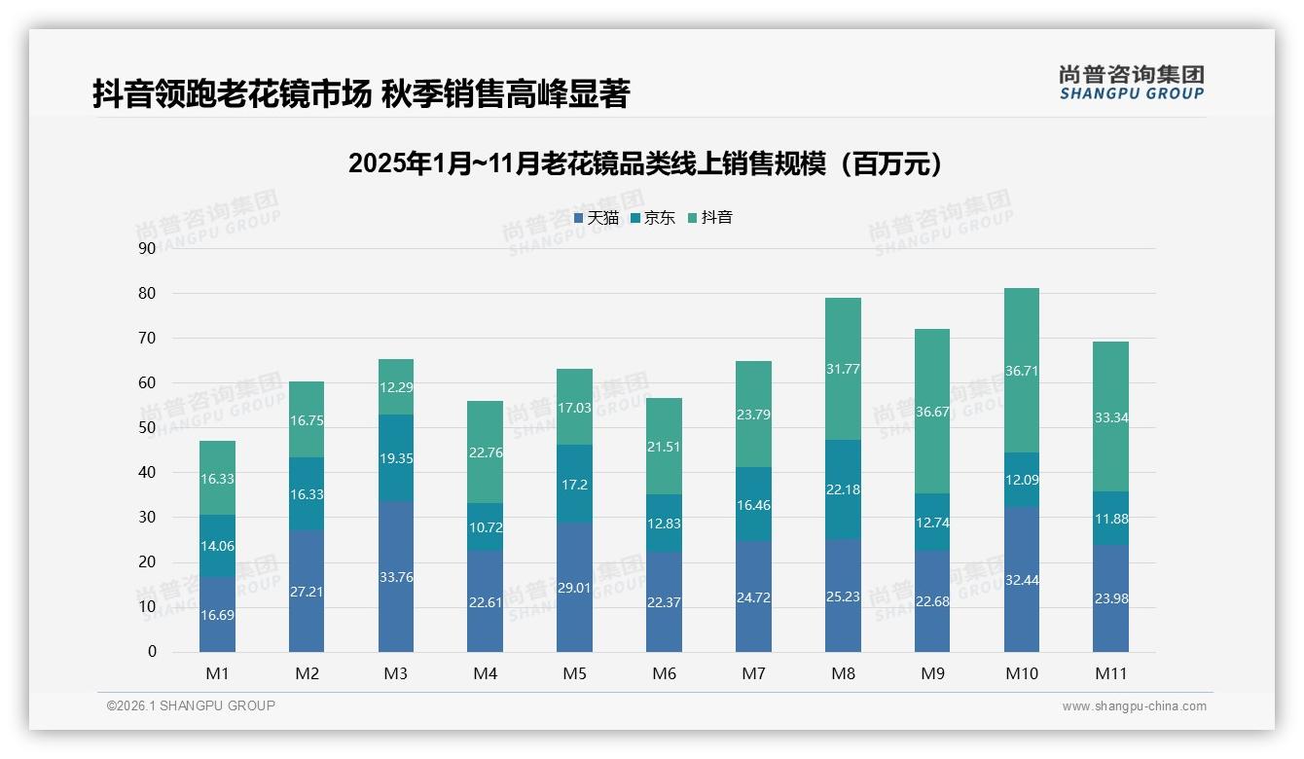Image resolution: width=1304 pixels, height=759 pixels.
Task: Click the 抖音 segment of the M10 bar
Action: pos(1021,370)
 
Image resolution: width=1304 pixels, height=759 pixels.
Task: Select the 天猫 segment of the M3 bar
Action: pos(395,576)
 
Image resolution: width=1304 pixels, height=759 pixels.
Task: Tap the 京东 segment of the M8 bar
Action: pos(843,488)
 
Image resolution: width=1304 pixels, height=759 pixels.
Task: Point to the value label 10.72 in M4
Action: pos(485,526)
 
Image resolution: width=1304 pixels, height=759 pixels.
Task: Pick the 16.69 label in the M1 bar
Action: pos(217,615)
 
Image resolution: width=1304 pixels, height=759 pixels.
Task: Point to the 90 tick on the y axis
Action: pos(147,248)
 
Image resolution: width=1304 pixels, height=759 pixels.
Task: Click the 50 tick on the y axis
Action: pos(147,427)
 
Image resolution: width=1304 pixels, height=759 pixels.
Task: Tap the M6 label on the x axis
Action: pos(664,673)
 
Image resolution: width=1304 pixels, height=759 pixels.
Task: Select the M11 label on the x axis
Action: pos(1110,673)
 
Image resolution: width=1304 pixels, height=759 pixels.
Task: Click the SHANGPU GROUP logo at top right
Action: pos(1131,82)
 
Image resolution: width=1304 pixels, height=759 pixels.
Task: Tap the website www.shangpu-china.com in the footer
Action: pos(1134,706)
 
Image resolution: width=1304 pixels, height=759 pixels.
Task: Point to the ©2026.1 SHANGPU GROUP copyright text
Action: pos(191,705)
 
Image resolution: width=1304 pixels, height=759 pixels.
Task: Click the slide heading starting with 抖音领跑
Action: pos(361,94)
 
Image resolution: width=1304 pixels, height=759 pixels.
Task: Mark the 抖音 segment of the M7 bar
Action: pos(753,414)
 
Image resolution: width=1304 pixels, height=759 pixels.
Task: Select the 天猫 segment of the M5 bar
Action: pos(574,587)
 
